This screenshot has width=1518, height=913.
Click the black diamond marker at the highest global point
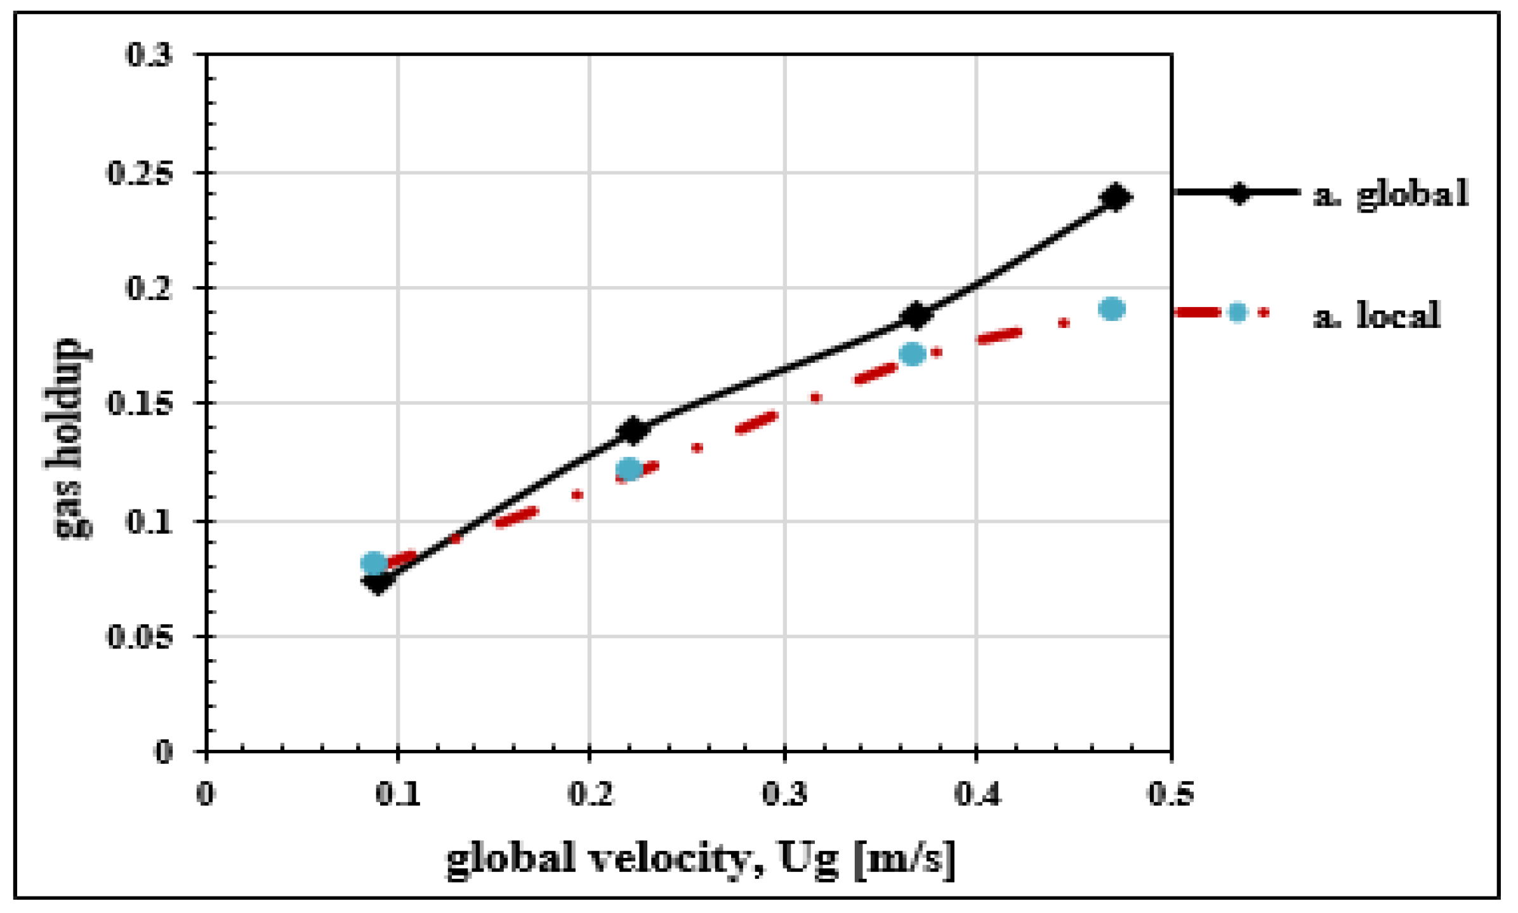[1115, 197]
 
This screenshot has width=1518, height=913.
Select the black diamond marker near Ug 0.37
[916, 315]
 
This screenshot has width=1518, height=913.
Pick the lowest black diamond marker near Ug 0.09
[378, 581]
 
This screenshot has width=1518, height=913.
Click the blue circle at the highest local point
[1111, 309]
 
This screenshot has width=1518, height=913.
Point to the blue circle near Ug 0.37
[912, 354]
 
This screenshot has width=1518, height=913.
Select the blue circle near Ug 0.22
[629, 470]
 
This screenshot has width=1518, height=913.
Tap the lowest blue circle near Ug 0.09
[374, 563]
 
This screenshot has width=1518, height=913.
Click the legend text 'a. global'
[1391, 194]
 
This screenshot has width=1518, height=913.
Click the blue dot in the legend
[1237, 312]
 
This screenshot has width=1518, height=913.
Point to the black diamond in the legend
[1238, 192]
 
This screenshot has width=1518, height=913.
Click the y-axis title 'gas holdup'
[69, 438]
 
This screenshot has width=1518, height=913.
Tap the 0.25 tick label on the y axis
[140, 173]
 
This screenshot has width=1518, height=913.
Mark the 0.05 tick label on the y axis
[140, 636]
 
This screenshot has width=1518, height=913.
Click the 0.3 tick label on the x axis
[784, 794]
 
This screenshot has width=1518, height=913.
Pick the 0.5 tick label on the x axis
[1171, 794]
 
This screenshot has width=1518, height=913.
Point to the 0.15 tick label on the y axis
[140, 404]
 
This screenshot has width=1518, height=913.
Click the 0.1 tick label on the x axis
[398, 794]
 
